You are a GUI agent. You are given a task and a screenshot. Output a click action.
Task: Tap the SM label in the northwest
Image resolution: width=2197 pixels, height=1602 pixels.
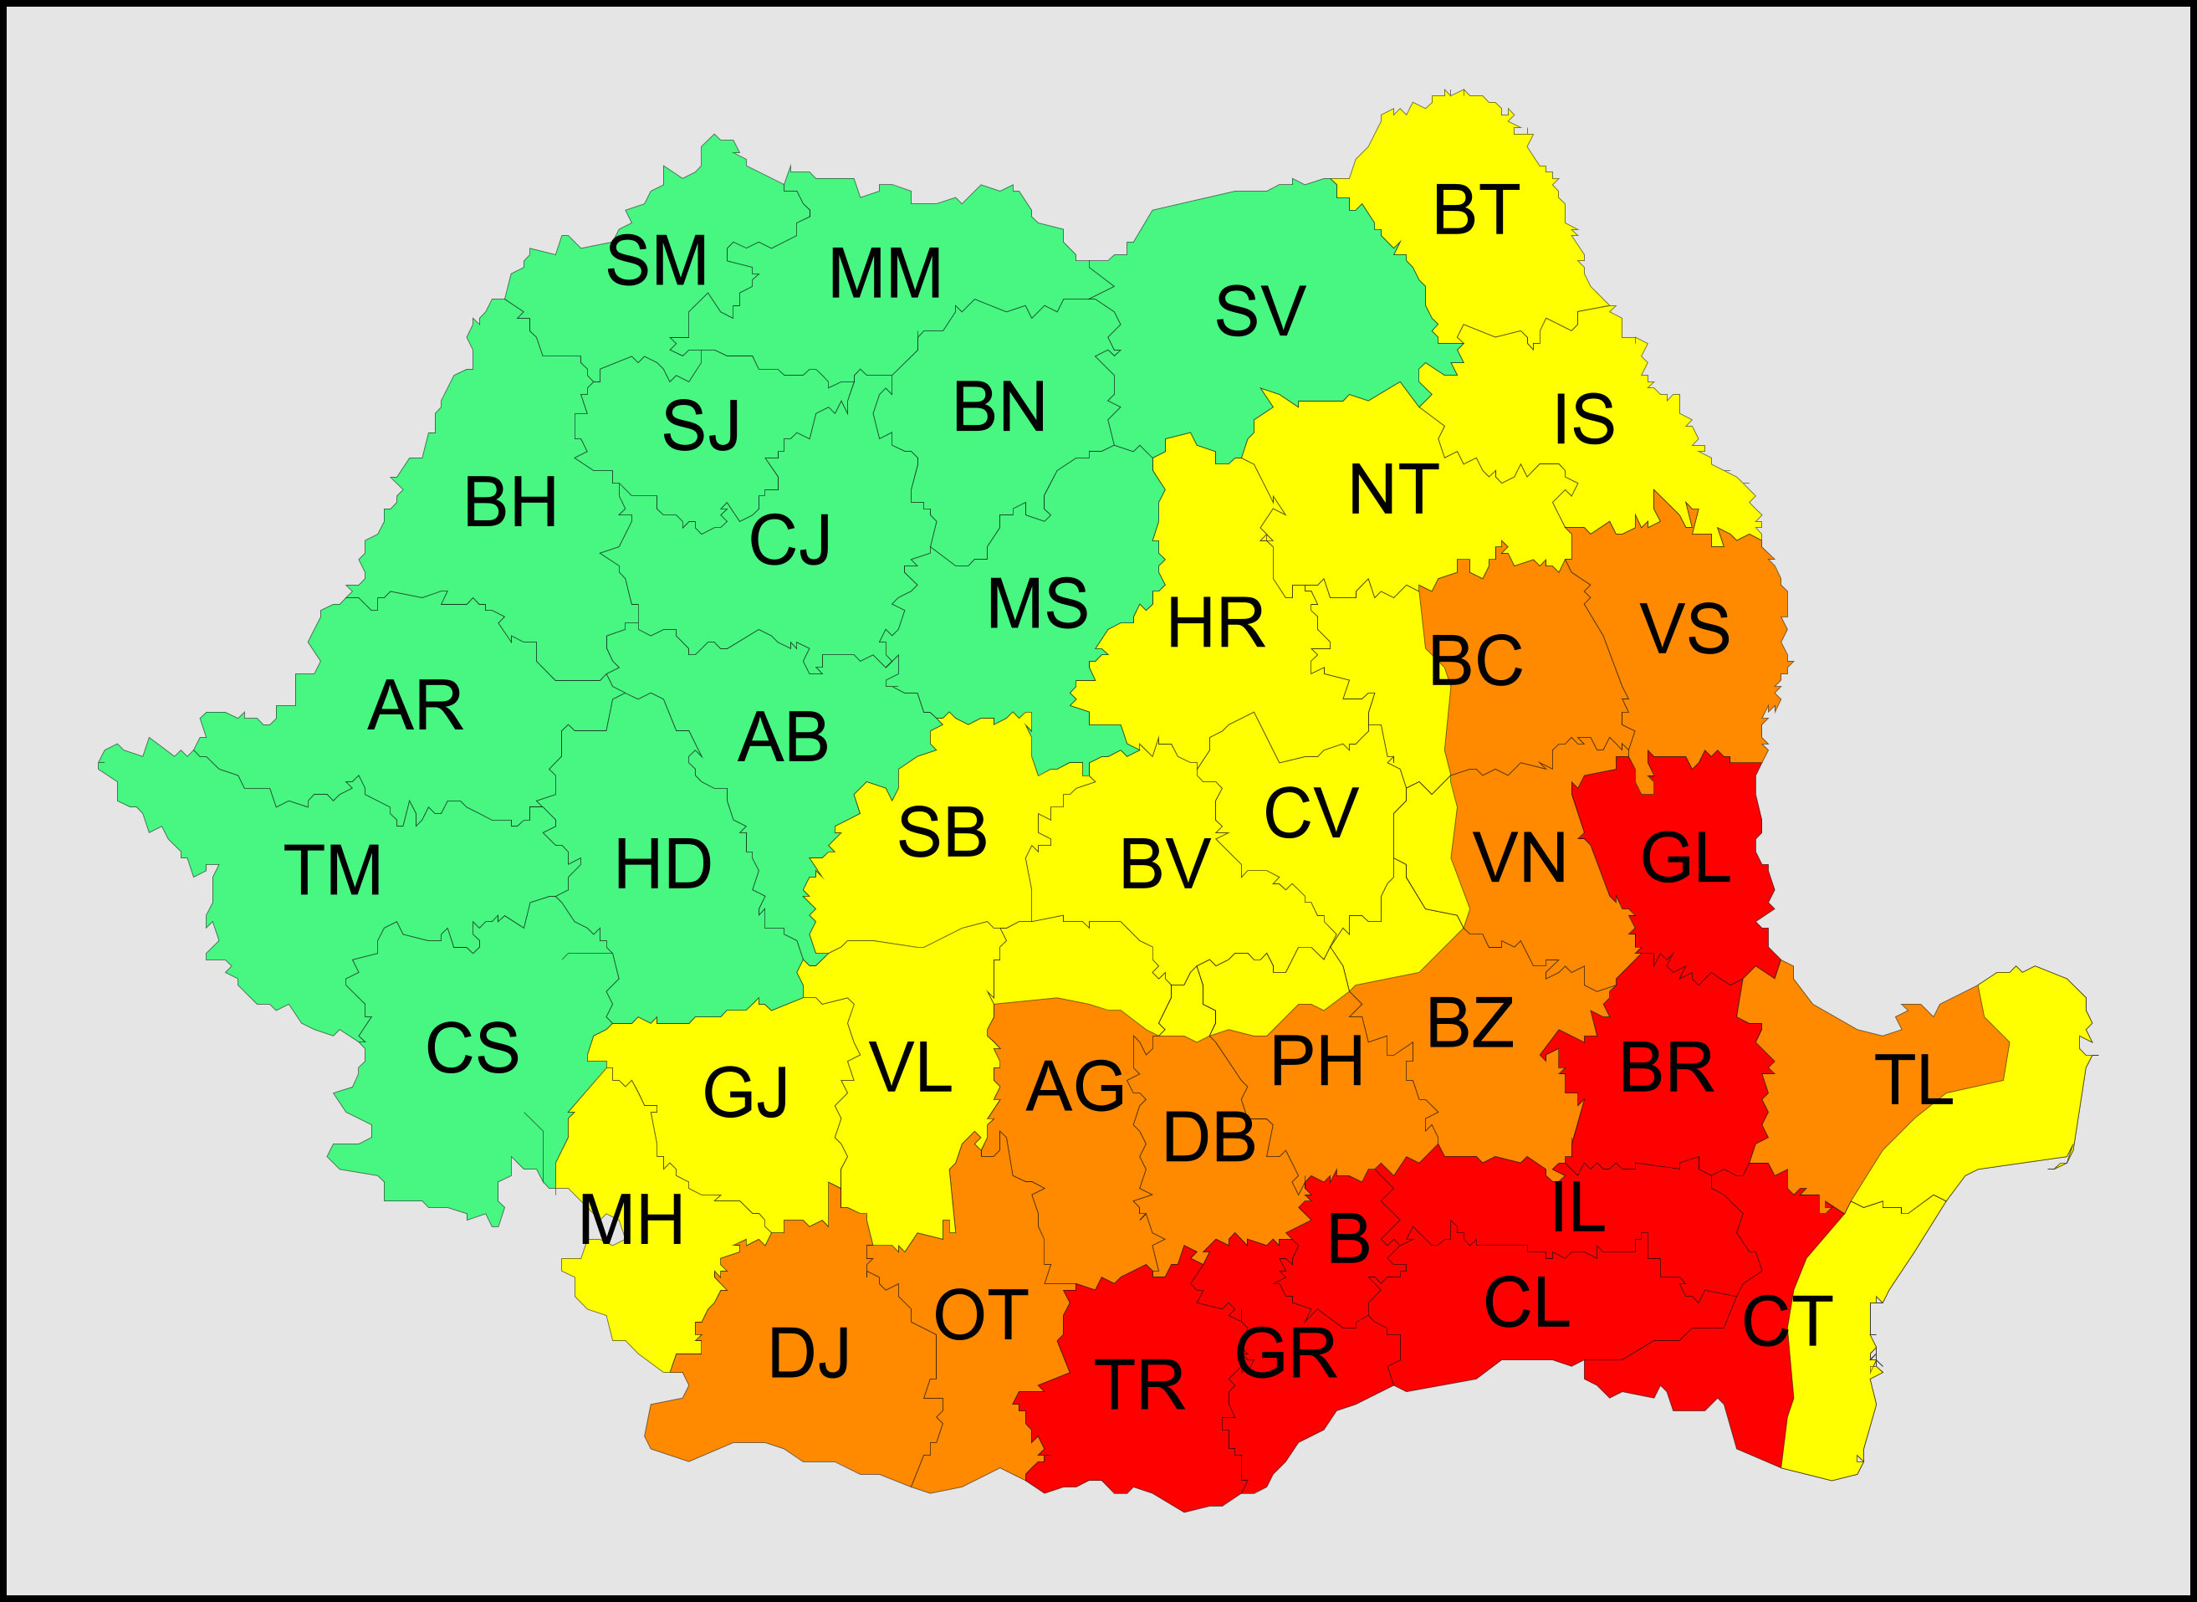pyautogui.click(x=657, y=261)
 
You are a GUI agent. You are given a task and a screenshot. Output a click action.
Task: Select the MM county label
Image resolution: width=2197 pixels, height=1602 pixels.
pyautogui.click(x=884, y=274)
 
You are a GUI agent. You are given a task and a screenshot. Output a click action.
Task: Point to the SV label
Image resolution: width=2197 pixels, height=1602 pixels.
pyautogui.click(x=1259, y=311)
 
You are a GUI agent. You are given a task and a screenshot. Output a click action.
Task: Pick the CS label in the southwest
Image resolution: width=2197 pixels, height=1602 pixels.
pyautogui.click(x=473, y=1048)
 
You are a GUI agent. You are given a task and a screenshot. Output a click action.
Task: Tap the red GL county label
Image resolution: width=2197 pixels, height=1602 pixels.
pyautogui.click(x=1685, y=858)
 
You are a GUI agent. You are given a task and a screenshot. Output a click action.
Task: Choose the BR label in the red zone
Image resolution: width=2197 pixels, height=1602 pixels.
pyautogui.click(x=1666, y=1068)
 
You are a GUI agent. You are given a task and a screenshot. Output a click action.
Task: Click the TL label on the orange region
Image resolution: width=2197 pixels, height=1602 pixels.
pyautogui.click(x=1913, y=1080)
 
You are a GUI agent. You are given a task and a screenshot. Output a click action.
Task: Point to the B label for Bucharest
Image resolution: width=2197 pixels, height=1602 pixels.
pyautogui.click(x=1349, y=1238)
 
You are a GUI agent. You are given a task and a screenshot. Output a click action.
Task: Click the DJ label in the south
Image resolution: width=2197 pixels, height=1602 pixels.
pyautogui.click(x=809, y=1354)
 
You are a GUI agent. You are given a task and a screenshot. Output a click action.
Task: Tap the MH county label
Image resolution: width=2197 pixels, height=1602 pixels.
pyautogui.click(x=631, y=1220)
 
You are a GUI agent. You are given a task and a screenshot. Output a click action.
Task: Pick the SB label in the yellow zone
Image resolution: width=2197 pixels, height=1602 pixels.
pyautogui.click(x=942, y=832)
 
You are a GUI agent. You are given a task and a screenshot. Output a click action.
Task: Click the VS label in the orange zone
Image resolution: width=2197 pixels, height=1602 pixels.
pyautogui.click(x=1684, y=628)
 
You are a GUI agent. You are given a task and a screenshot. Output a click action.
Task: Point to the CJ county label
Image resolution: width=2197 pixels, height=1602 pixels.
pyautogui.click(x=789, y=540)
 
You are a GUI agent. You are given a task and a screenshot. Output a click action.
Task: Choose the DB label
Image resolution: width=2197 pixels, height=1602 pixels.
pyautogui.click(x=1208, y=1138)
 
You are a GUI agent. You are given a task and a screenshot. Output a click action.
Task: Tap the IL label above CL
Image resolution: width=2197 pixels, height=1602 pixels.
pyautogui.click(x=1578, y=1207)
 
